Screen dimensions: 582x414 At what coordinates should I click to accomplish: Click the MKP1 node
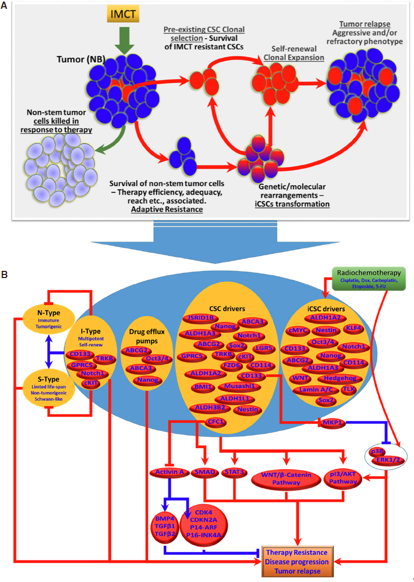coord(330,423)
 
